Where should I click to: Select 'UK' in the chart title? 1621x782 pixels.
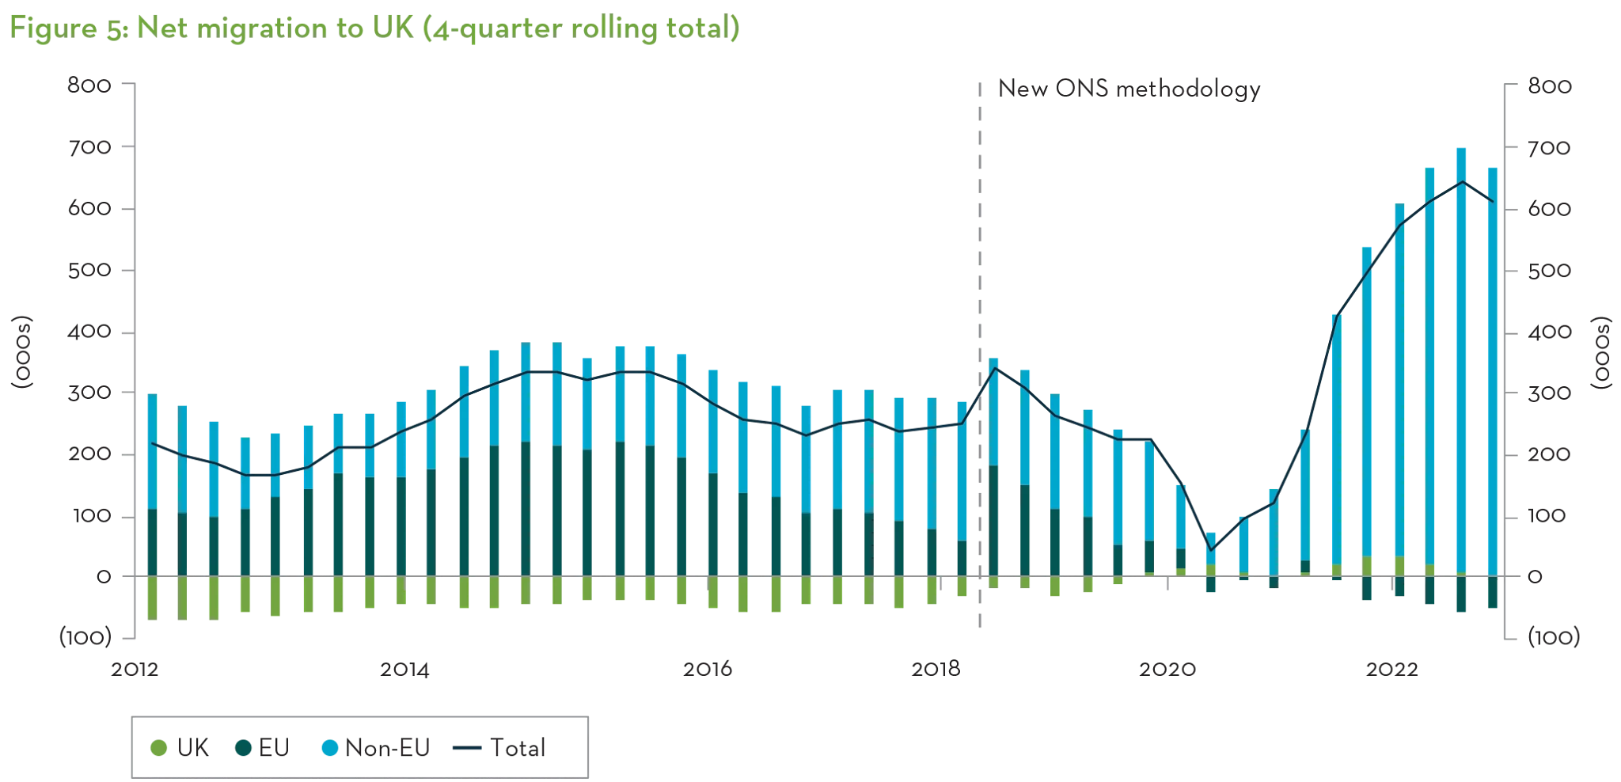381,30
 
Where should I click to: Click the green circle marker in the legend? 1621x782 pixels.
159,747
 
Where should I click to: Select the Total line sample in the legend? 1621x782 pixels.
467,747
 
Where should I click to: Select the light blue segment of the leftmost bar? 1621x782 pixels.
153,451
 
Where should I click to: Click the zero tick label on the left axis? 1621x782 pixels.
102,577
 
